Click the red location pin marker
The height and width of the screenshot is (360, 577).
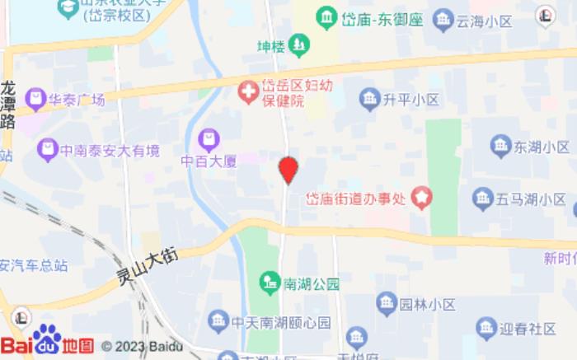pos(288,170)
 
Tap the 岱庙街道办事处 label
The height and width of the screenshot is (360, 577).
pos(358,199)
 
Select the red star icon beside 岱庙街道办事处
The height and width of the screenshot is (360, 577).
pos(423,198)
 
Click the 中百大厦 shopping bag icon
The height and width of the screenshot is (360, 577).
pos(209,138)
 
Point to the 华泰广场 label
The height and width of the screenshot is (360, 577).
pos(76,101)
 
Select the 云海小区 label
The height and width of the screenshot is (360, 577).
pos(481,19)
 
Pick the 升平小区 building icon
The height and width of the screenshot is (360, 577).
pos(369,100)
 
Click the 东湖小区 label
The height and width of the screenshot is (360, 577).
pos(542,147)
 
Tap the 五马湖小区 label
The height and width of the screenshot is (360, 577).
pos(531,199)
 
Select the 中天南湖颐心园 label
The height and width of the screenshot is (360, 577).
pos(280,321)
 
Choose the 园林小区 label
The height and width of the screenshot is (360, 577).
pos(428,305)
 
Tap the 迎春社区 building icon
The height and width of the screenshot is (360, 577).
pos(486,328)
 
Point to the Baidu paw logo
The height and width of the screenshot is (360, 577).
pos(46,339)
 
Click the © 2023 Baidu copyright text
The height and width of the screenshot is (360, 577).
pos(141,346)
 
